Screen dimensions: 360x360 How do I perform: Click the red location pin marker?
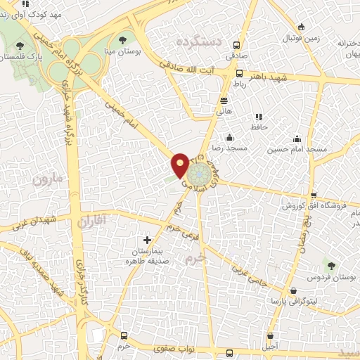coord(180,165)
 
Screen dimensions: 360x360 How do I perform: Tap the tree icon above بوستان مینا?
coord(123,41)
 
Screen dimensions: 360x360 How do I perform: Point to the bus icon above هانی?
coord(224,101)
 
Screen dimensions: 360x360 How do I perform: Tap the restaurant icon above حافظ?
coord(259,116)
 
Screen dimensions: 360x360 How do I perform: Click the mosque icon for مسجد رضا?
coord(230,138)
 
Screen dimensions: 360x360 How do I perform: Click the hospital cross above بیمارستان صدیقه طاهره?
coord(147,240)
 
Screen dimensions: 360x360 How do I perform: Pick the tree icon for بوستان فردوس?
coord(330,265)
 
